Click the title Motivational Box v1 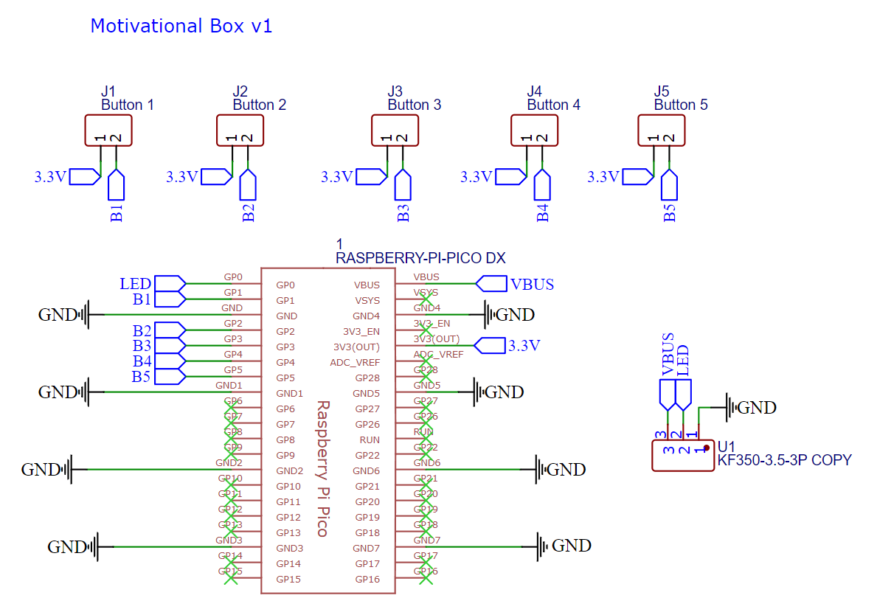coord(181,26)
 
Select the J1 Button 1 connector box coord(108,131)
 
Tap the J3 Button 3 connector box coord(395,131)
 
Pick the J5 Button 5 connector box coord(661,131)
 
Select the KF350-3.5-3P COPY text coord(784,460)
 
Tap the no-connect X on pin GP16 coord(425,578)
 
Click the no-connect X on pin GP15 coord(230,578)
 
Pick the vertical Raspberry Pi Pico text coord(322,469)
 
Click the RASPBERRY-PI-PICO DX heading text coord(420,258)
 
